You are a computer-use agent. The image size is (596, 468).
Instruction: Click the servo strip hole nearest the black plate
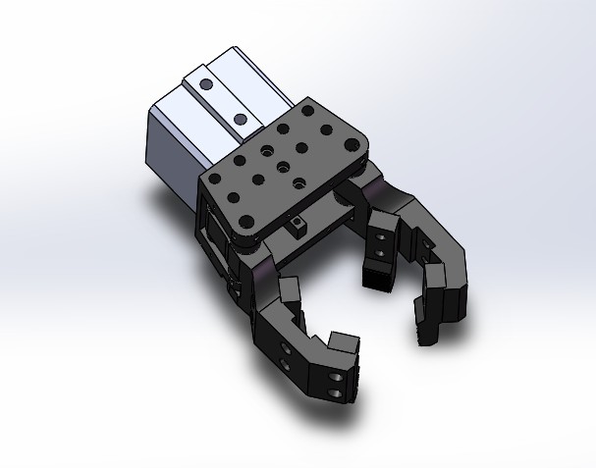[240, 120]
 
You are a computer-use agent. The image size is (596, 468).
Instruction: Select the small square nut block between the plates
[297, 228]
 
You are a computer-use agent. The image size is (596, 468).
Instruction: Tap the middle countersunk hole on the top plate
[282, 166]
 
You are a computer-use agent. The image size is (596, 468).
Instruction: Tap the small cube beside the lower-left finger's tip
[344, 343]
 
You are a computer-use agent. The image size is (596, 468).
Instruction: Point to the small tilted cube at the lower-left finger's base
[290, 289]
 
